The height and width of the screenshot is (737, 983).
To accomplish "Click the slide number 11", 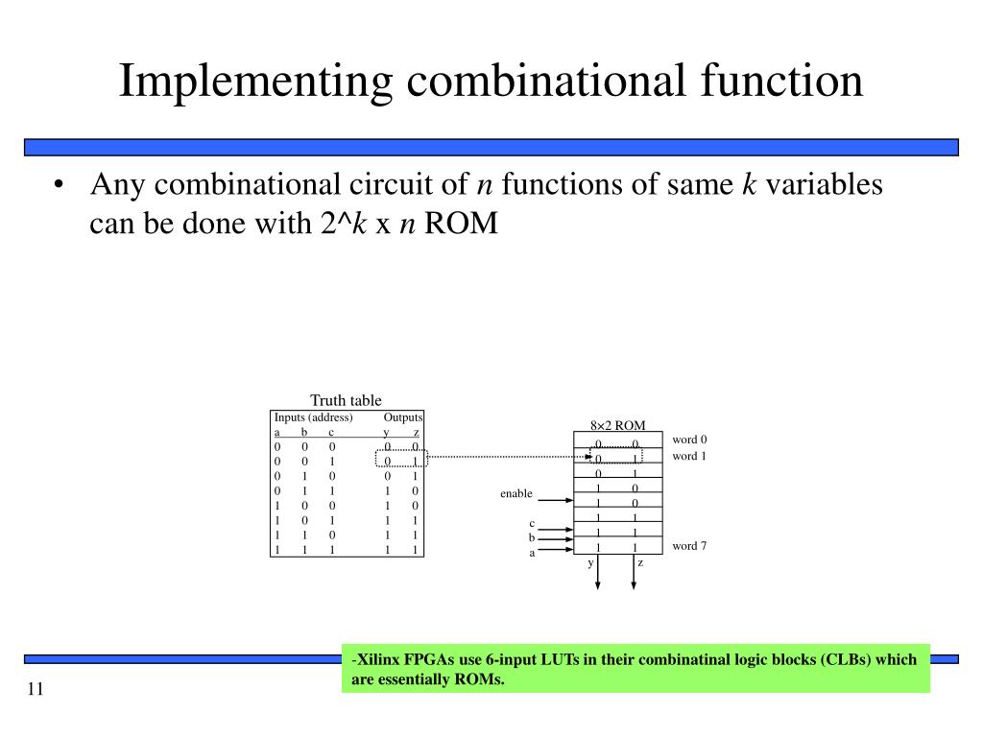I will pos(36,691).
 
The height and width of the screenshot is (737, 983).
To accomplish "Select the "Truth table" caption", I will pos(346,400).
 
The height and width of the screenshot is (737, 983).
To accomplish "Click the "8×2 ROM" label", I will pos(617,425).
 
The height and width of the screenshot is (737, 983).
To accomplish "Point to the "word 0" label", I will pos(689,440).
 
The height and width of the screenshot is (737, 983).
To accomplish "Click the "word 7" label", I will pos(689,546).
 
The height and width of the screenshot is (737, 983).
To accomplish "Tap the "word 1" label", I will pos(689,456).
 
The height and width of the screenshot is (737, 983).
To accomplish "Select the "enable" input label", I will pos(515,493).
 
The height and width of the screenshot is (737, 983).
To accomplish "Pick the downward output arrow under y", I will pos(598,576).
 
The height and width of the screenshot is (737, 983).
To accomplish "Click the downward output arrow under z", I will pos(635,576).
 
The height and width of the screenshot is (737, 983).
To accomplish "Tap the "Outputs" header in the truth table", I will pos(403,417).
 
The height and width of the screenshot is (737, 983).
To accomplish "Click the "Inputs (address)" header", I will pos(313,417).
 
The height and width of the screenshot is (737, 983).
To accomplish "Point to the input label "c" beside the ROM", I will pos(532,523).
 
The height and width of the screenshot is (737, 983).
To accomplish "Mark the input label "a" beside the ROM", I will pos(532,553).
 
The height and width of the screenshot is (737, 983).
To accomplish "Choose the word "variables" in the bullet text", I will pos(824,184).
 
